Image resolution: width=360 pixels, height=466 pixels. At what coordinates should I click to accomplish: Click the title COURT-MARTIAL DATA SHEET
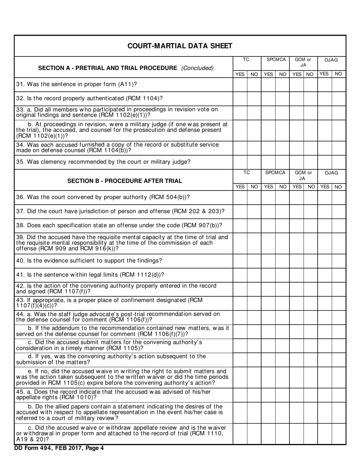coord(180,46)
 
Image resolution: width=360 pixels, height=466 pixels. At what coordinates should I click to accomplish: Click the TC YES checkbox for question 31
coord(240,84)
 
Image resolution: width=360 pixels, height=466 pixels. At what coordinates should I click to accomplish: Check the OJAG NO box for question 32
coord(339,99)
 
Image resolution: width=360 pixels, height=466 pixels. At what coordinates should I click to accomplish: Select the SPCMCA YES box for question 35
coord(268,162)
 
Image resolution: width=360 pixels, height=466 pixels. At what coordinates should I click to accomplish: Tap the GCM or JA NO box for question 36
coord(310,197)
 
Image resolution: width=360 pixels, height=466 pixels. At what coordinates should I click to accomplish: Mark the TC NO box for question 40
coord(254,261)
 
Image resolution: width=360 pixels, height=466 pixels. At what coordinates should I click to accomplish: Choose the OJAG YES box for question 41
coord(324,275)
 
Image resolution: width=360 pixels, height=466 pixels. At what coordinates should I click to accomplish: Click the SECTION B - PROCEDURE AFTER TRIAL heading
coord(124,181)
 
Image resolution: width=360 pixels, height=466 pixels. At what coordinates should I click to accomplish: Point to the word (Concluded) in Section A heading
coord(197,68)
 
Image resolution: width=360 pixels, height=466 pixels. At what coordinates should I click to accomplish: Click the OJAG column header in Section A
coord(331,60)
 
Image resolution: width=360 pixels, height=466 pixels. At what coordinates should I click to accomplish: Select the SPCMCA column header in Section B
coord(275,173)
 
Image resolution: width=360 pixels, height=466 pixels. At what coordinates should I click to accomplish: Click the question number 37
coord(19,211)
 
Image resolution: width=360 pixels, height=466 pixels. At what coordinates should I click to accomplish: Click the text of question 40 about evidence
coord(89,261)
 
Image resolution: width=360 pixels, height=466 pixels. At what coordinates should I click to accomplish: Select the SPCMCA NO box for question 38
coord(282,225)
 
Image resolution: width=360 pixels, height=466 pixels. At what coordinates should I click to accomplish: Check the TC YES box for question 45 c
coord(240,434)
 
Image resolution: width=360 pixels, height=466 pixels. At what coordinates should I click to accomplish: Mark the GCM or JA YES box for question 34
coord(296,148)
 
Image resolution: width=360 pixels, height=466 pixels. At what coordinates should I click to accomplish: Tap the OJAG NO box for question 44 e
coord(339,377)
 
